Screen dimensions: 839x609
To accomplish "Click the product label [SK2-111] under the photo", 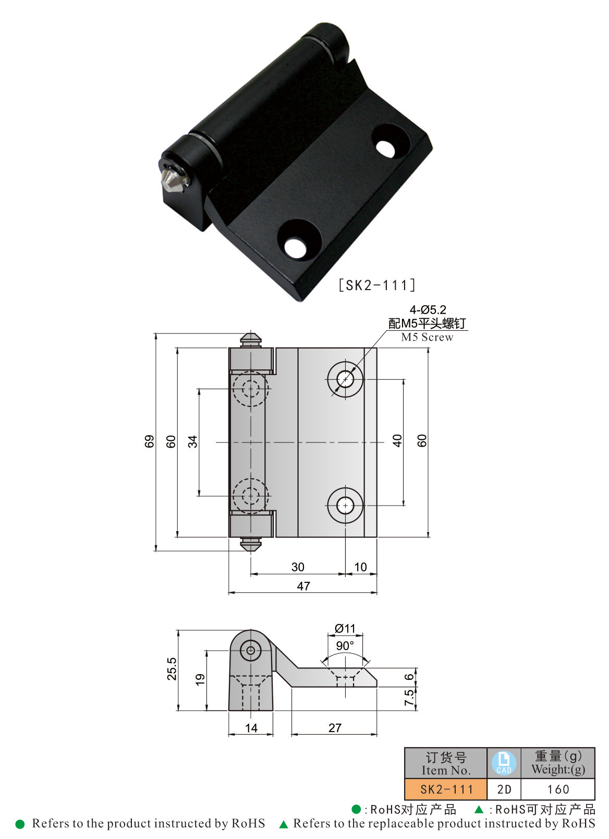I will click(377, 285).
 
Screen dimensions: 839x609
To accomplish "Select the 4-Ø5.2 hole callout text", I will click(428, 309).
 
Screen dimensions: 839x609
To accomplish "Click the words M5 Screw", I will click(427, 337).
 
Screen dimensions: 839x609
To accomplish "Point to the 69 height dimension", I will click(150, 441).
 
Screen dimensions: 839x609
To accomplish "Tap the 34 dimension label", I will click(193, 441).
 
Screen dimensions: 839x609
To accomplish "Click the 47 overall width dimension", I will click(303, 586).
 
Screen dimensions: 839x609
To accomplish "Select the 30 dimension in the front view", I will click(298, 567).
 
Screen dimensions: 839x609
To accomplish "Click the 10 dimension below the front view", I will click(360, 567).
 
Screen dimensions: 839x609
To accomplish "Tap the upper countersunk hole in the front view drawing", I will click(345, 379).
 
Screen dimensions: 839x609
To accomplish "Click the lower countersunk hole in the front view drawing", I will click(345, 505).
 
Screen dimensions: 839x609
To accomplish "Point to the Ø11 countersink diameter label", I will click(345, 628).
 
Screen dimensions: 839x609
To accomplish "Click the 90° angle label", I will click(345, 645).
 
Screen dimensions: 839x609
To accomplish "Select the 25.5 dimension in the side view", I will click(172, 668).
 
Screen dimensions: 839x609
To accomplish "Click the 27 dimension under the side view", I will click(335, 728).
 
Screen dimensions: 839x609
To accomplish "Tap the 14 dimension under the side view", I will click(251, 728).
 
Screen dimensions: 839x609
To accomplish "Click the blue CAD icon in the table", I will click(504, 763).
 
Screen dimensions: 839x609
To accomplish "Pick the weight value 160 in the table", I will click(558, 789).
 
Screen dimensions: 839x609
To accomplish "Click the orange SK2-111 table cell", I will click(446, 789).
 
